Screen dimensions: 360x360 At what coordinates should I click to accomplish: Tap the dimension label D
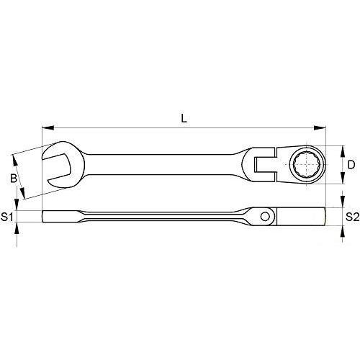351,164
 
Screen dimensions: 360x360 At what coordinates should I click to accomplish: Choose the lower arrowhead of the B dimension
24,196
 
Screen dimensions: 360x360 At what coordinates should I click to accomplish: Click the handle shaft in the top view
166,160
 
